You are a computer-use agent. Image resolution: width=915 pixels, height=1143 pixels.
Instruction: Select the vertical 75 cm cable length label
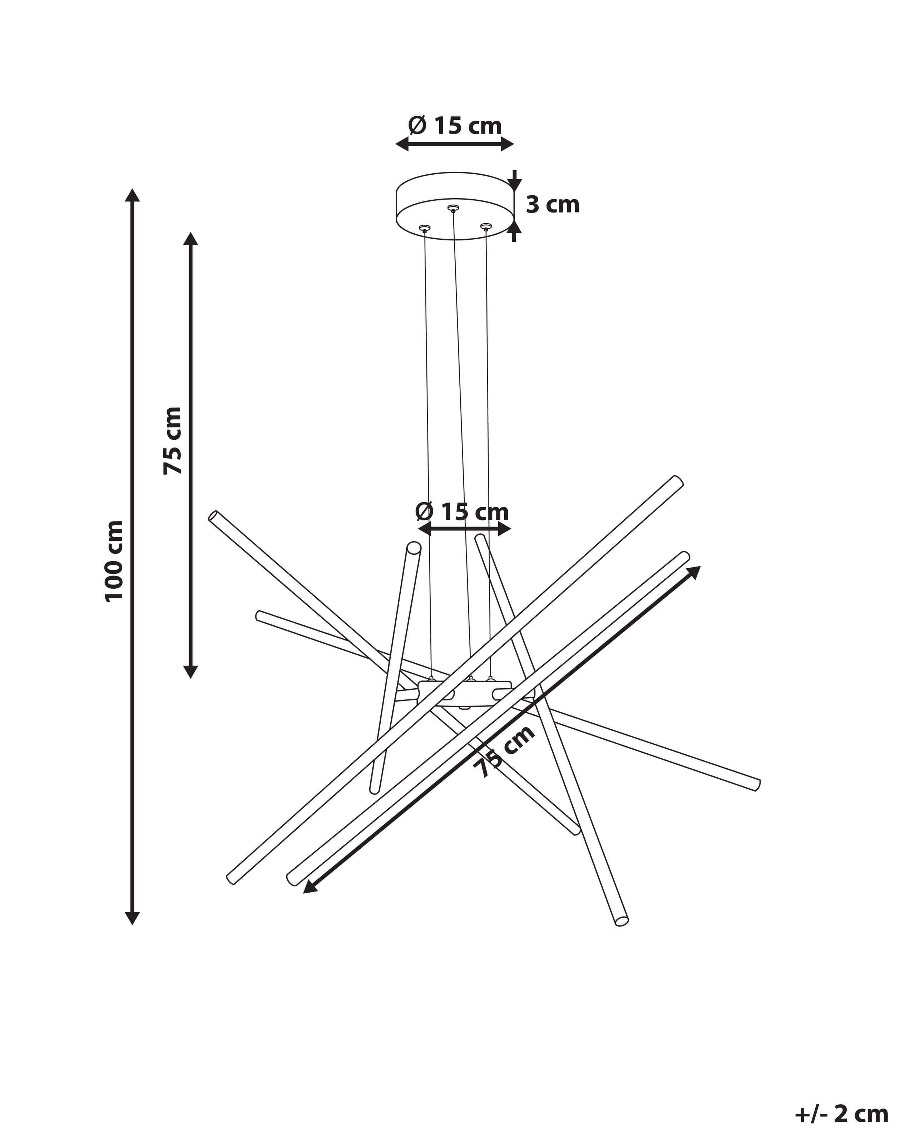tap(172, 440)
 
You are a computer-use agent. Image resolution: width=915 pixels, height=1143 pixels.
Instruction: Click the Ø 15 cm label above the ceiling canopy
tap(455, 126)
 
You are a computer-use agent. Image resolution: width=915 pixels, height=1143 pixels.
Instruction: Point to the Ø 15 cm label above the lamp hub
tap(462, 511)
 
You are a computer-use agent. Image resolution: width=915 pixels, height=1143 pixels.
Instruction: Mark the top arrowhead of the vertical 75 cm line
tap(191, 239)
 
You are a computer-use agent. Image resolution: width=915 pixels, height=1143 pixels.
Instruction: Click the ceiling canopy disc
tap(456, 206)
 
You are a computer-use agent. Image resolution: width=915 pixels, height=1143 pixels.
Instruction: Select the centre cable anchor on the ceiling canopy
tap(452, 208)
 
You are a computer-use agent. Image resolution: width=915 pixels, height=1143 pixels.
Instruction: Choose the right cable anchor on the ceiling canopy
tap(485, 227)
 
